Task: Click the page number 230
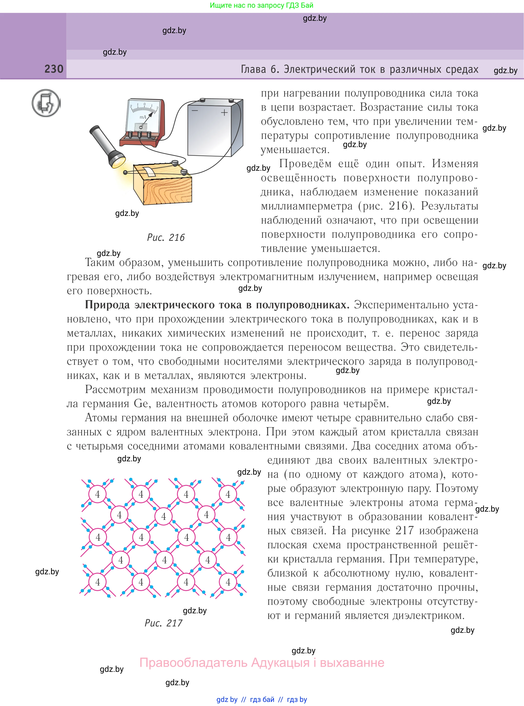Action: point(54,69)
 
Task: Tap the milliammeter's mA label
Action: point(143,117)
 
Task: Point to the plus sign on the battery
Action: point(224,112)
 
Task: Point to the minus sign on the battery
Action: point(195,110)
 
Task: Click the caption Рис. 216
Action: point(166,237)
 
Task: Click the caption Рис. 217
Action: point(163,623)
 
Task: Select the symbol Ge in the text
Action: point(141,404)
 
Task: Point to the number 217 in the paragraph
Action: point(404,530)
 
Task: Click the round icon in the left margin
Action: point(46,103)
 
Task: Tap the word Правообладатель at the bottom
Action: point(193,663)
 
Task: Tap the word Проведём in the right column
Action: point(305,164)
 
